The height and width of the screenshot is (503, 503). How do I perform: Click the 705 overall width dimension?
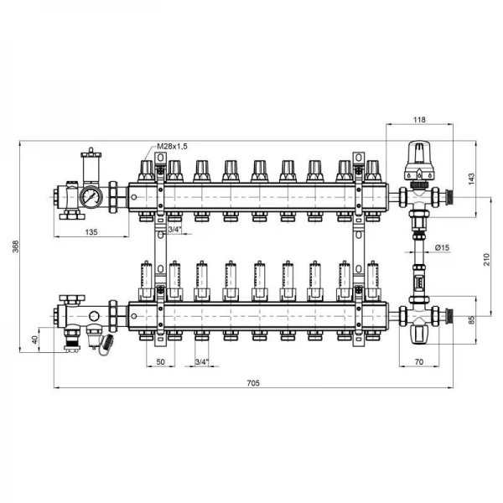253,383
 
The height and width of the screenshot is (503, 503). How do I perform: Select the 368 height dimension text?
16,246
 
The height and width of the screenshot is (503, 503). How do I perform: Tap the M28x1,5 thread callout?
172,147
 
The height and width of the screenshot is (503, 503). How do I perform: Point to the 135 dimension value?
91,232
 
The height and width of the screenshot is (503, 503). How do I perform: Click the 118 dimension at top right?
419,120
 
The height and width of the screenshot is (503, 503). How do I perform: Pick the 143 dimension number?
471,179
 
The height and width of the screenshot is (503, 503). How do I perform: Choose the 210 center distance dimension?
487,259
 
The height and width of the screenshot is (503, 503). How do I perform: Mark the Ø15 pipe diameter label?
443,247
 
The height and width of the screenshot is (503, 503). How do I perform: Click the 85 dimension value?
471,320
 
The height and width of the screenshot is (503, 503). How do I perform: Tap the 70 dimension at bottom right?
419,362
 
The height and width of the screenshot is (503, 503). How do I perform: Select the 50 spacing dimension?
160,362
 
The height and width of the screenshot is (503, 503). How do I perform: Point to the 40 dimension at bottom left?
35,340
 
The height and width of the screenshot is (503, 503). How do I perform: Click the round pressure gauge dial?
91,196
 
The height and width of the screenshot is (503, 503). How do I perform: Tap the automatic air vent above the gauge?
91,166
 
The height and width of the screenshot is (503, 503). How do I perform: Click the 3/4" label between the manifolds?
175,229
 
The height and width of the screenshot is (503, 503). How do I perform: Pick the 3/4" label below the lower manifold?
202,362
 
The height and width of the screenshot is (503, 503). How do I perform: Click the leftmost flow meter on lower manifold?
146,280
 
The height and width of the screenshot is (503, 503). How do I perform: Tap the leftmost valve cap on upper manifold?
146,171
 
